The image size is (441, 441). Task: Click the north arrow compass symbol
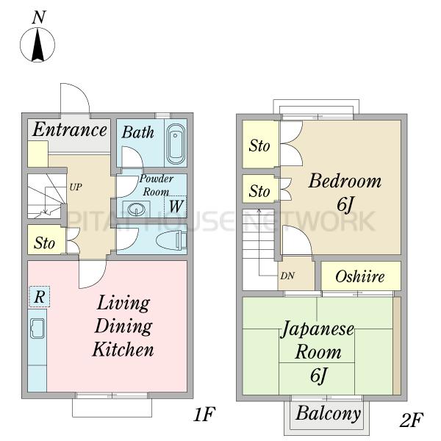pos(37,44)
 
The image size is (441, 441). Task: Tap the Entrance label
pos(70,129)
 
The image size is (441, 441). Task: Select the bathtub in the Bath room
pos(176,144)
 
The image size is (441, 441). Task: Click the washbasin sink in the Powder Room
pos(137,209)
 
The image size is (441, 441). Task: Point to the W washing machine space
pos(176,207)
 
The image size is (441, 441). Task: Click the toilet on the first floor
pos(171,240)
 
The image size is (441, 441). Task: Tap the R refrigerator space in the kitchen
pos(40,296)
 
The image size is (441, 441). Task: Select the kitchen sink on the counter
pos(37,329)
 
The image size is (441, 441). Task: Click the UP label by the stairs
pos(76,187)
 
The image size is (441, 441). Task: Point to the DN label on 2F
pos(287,276)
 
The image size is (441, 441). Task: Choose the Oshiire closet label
pos(360,276)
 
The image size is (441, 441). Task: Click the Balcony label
pos(329,413)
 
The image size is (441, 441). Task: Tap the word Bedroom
pos(345,181)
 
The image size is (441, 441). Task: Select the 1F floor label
pos(204,415)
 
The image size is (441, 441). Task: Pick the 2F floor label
pos(411,420)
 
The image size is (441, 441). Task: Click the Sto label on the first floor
pos(44,243)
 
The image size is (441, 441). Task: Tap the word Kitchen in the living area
pos(123,349)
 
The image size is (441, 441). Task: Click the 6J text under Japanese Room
pos(319,376)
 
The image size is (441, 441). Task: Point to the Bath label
pos(138,132)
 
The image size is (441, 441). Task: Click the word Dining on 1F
pos(123,326)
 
